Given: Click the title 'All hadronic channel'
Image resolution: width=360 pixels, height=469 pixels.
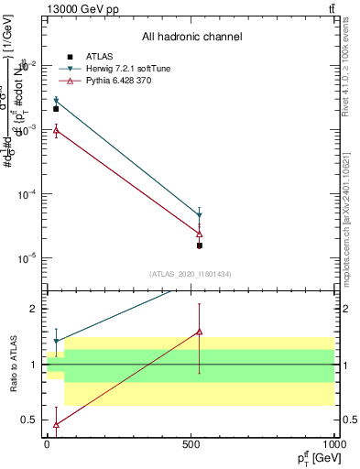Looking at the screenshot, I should [191, 37].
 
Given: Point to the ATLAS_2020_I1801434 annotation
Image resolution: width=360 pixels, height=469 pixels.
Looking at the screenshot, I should [191, 274].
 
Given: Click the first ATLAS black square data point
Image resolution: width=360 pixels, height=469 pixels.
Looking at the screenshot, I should [56, 109].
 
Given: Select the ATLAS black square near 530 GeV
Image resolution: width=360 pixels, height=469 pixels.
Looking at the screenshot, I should [200, 245].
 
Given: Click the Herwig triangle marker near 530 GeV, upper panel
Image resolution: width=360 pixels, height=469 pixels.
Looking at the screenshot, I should [200, 215].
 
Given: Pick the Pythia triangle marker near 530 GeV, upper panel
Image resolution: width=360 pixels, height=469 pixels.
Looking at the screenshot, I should [200, 234].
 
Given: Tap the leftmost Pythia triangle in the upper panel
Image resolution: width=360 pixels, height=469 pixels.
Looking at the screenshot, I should [56, 130].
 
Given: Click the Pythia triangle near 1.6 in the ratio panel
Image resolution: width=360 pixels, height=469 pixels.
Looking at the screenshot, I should [200, 332].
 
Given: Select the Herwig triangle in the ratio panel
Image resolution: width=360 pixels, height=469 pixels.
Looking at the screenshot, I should [56, 342].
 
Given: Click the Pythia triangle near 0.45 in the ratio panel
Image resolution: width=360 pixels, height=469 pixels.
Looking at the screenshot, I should [56, 424].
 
